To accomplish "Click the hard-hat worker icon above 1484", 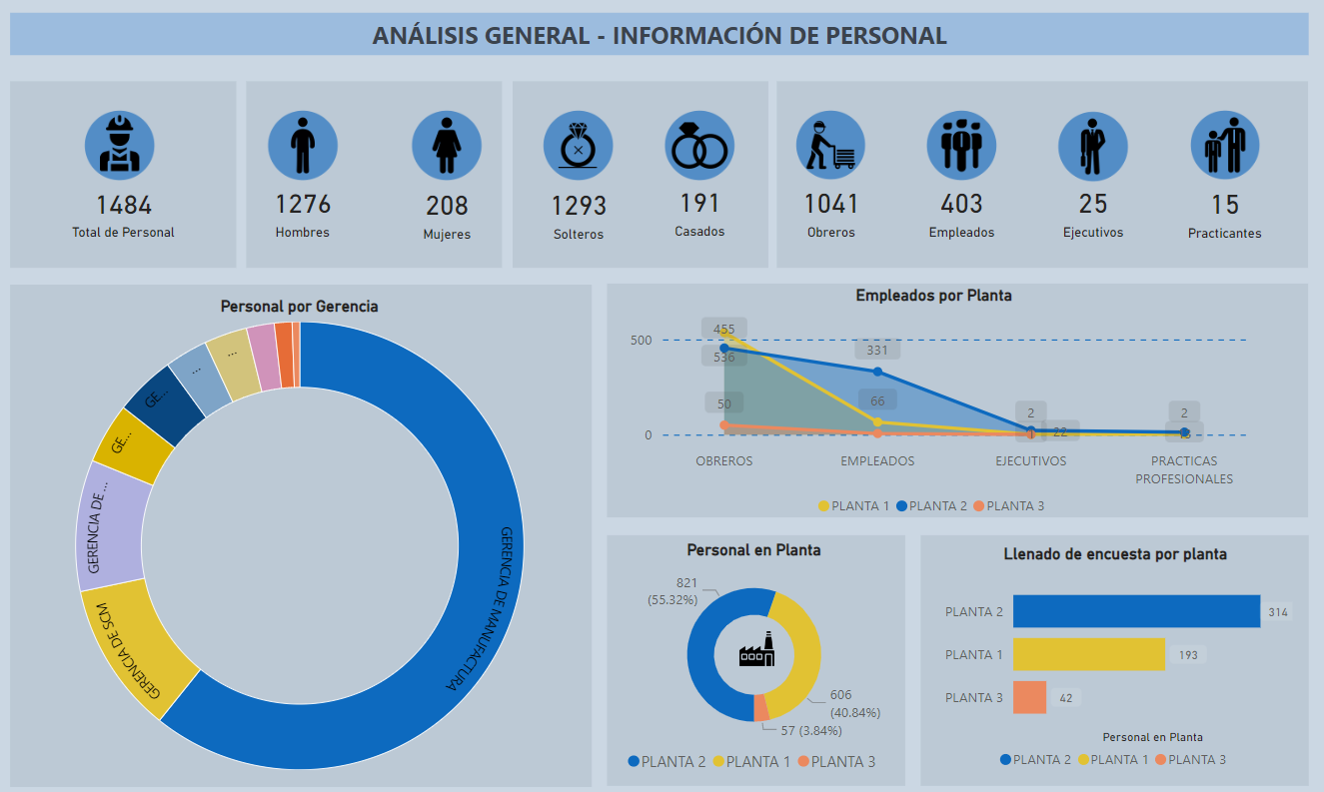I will [x=120, y=145].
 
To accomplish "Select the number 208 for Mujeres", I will [x=447, y=205].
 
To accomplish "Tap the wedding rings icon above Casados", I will [x=699, y=145].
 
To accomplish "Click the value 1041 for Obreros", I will [x=831, y=204].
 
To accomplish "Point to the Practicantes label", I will [x=1224, y=234].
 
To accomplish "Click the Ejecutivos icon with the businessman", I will [x=1092, y=145].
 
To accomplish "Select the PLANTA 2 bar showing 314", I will [x=1136, y=611].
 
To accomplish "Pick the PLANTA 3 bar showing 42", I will [x=1029, y=697].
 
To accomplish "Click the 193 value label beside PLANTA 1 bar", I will [x=1188, y=655].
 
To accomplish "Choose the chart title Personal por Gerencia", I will [x=299, y=307].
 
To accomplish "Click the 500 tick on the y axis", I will [x=640, y=340].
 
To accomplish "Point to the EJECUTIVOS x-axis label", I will [x=1030, y=461].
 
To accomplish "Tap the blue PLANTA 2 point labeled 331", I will [x=877, y=372].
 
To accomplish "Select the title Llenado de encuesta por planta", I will [x=1114, y=553].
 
